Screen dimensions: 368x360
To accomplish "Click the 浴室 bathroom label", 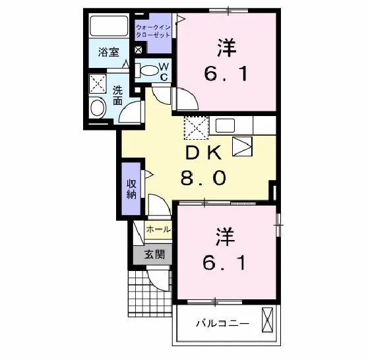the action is pos(108,52).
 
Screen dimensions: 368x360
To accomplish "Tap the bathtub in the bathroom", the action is pos(109,26).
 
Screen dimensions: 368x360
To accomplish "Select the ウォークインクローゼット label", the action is pos(153,32).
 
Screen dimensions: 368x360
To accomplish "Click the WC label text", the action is pos(164,72).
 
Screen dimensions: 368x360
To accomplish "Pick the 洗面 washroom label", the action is pos(117,96).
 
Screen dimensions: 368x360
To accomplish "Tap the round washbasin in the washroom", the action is pos(98,108).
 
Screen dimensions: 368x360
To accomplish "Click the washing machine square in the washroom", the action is pos(98,83).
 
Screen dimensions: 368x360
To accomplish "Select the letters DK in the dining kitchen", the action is pos(203,152).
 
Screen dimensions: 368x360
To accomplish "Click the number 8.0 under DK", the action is pos(203,177).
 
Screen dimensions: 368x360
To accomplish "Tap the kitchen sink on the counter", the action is pos(225,125).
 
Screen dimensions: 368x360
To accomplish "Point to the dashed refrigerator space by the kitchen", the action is pos(197,128).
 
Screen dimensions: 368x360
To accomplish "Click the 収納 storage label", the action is pos(131,189).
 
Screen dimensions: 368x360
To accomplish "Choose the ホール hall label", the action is pos(158,229).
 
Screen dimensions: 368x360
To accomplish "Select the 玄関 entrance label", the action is pos(154,255).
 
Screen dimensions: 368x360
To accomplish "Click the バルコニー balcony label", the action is pos(222,324).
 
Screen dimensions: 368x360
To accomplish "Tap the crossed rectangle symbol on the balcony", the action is pos(267,320).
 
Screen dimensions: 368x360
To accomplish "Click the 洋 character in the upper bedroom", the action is pos(226,48).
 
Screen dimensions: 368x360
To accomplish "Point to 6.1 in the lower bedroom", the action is pos(224,263).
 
